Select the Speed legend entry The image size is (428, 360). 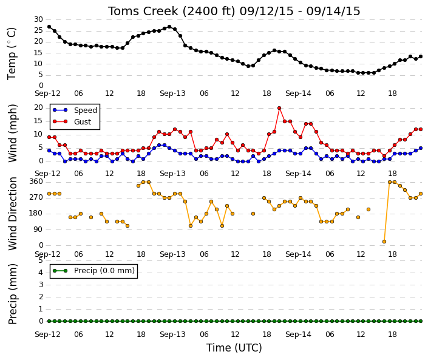[75, 110]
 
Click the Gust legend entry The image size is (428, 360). [72, 121]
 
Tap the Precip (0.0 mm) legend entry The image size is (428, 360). [93, 271]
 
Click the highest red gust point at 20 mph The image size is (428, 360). [279, 108]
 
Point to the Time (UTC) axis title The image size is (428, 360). [234, 348]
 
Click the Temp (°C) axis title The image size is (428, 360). [12, 53]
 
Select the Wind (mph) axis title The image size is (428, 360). [13, 133]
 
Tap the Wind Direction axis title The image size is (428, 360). [13, 214]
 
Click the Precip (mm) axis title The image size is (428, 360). [13, 294]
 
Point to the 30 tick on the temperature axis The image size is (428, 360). [38, 19]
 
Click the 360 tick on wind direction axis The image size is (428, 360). [36, 182]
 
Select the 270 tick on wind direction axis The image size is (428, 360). [36, 197]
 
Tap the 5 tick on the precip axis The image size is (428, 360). [41, 260]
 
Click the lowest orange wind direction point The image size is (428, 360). [384, 242]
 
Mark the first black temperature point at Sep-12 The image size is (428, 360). [49, 27]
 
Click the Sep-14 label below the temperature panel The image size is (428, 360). [298, 93]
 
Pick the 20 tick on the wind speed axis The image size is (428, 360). [38, 107]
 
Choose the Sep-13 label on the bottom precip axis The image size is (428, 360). [172, 335]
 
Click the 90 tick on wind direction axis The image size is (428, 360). [38, 229]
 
